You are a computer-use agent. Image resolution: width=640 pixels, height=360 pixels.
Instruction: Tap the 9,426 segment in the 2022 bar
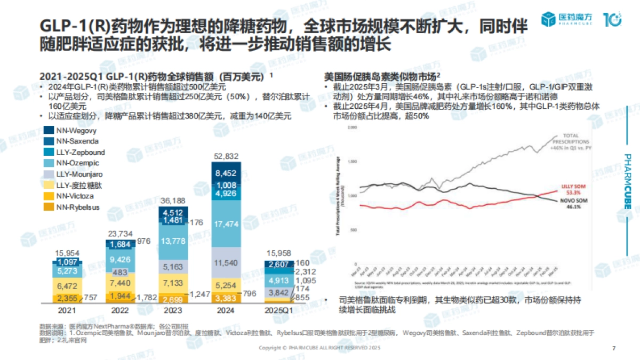pos(120,260)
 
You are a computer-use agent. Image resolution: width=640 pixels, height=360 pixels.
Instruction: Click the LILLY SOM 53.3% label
pos(573,189)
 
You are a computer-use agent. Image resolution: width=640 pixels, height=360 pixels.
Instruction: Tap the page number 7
pos(614,348)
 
